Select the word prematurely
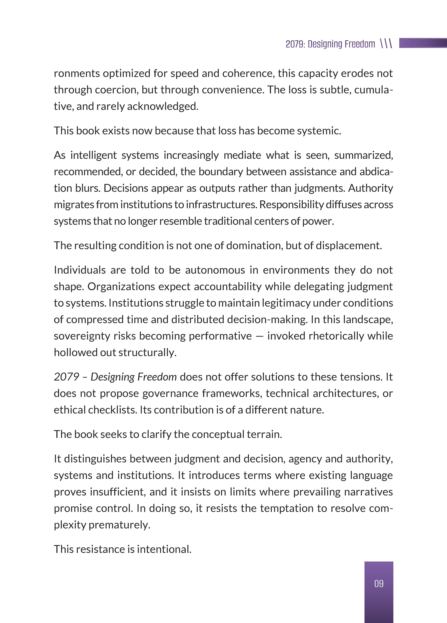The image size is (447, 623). (x=120, y=525)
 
